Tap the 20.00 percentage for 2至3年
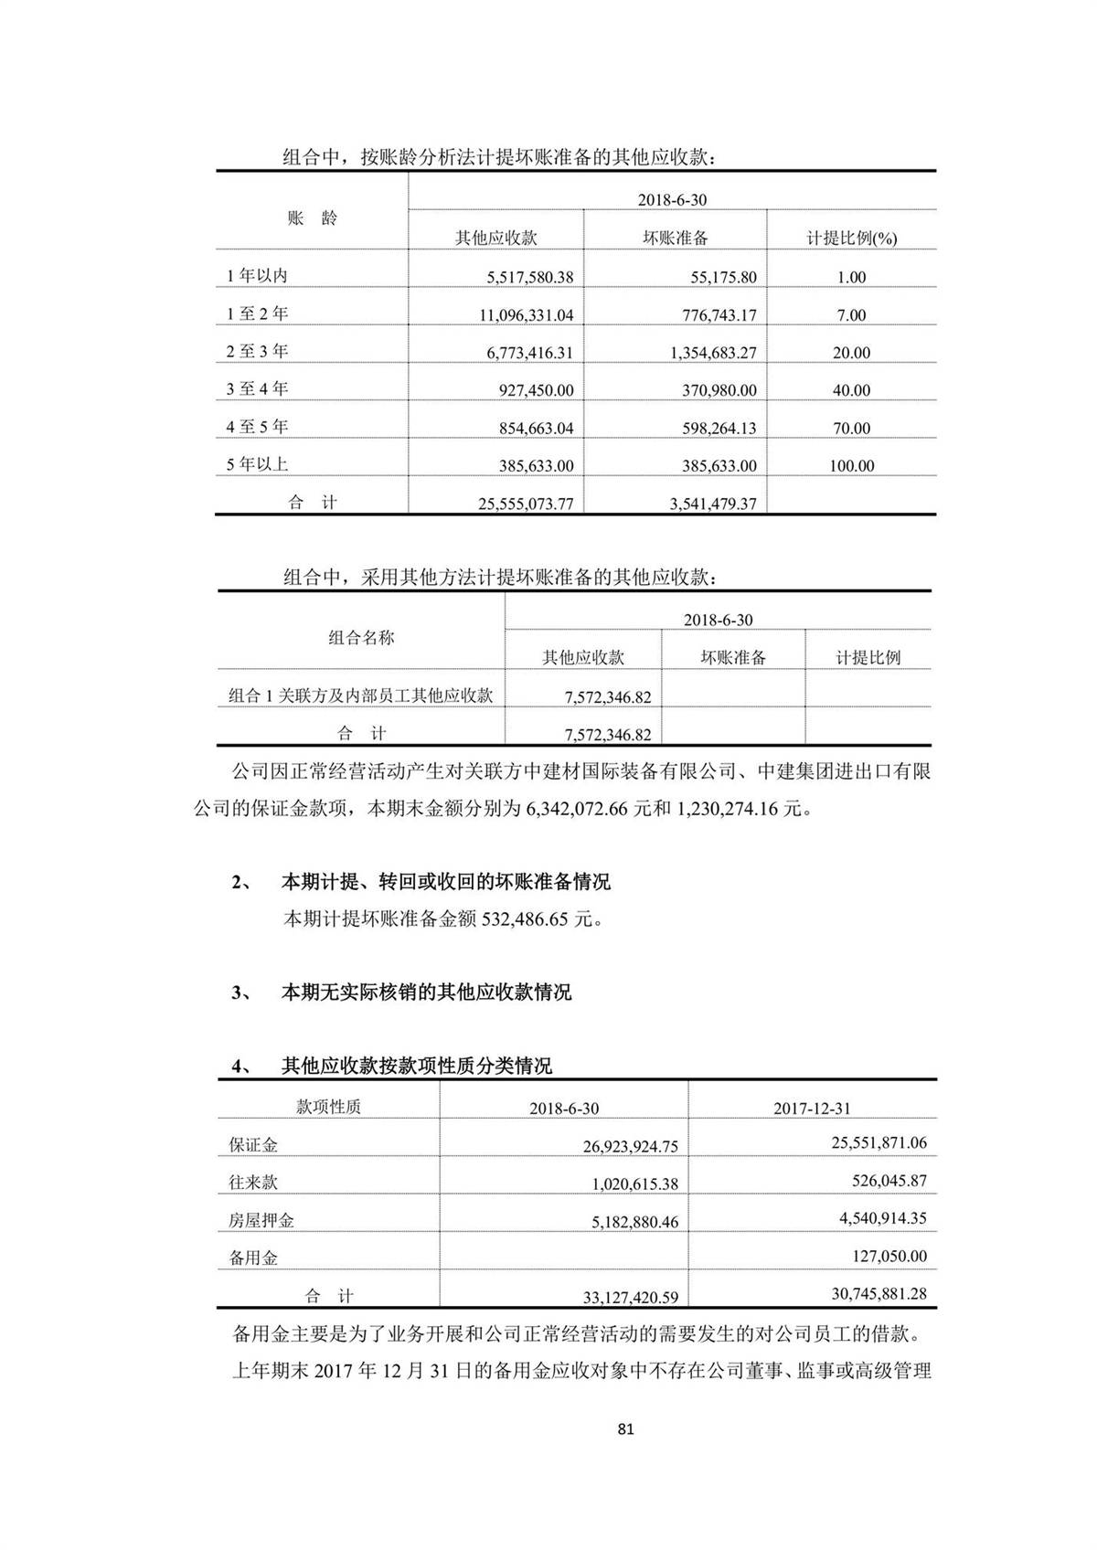coord(850,353)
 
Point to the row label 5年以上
coord(258,464)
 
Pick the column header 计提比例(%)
coord(851,239)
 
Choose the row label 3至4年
coord(258,389)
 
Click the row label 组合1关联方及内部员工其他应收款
coord(360,695)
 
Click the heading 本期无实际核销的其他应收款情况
coord(426,993)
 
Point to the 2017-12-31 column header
coord(812,1108)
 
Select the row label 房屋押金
coord(261,1220)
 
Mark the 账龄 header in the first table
coord(312,218)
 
